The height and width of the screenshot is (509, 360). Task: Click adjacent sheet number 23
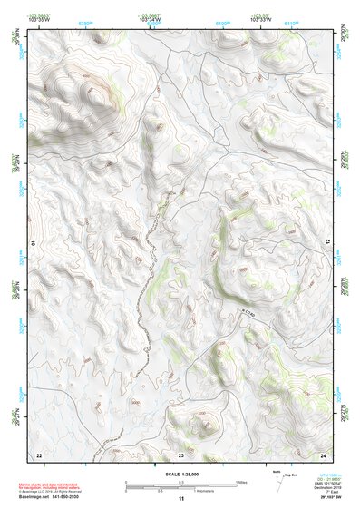tap(180, 454)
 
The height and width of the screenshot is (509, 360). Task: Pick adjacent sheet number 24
tap(323, 454)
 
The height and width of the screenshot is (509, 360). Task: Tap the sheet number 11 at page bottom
tap(180, 499)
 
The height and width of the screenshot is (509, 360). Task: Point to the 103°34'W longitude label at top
tap(151, 19)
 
